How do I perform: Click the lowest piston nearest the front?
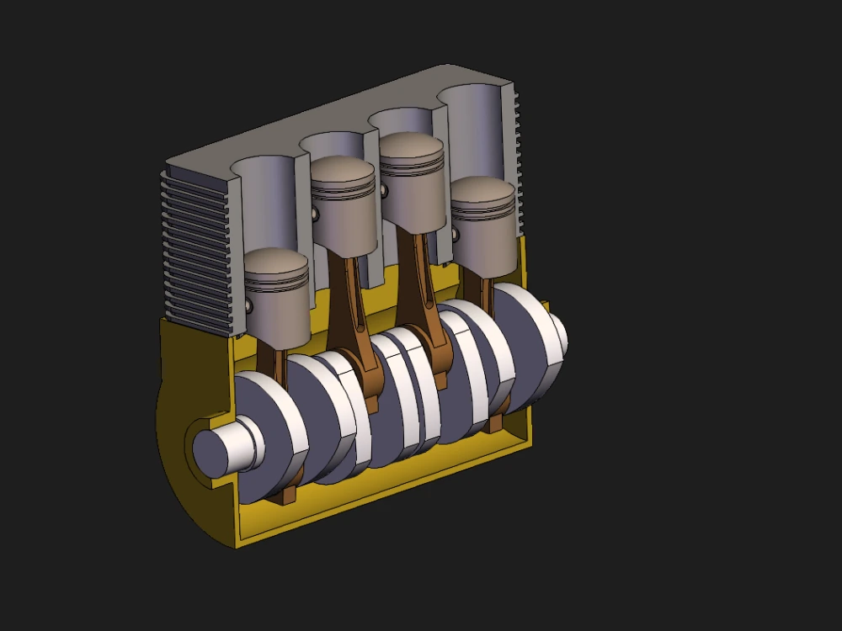pos(278,299)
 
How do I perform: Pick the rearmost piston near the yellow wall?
pos(482,227)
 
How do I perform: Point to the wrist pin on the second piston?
pos(316,215)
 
